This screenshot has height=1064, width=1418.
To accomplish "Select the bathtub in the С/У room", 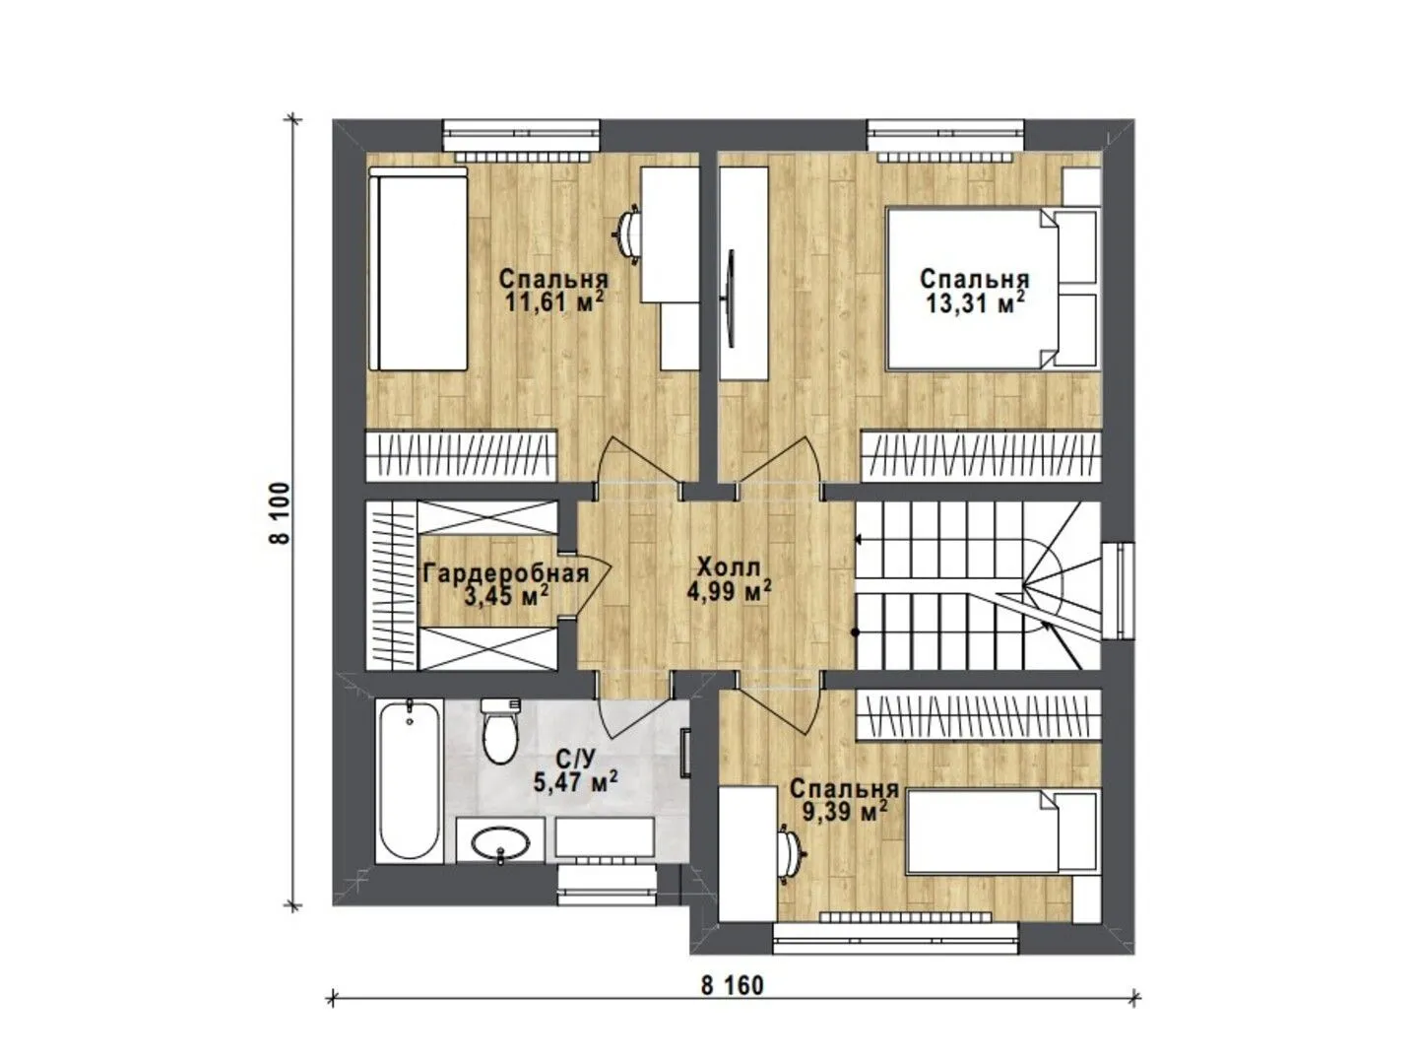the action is pos(410,781).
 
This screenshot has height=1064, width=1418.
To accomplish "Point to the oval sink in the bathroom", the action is pos(500,842).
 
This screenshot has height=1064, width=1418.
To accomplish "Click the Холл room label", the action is pos(730,567).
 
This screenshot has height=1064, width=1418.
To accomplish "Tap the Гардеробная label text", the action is pos(506,573).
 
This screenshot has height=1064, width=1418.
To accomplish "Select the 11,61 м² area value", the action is pos(555,301).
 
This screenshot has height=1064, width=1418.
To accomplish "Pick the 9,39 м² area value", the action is pos(843,811).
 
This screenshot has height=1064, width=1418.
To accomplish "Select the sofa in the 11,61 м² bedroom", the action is pos(418,269).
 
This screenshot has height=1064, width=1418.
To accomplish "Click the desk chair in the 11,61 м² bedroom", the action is pos(626,235).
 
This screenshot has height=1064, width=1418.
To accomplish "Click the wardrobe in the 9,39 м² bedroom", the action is pos(978,716).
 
